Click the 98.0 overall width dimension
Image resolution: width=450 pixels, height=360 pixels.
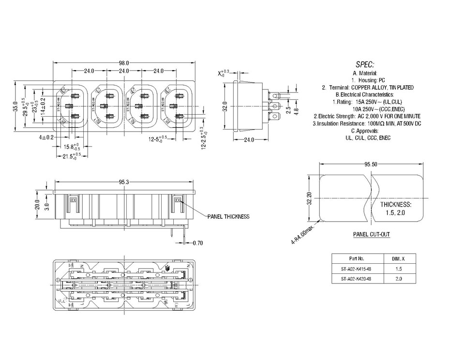coord(124,63)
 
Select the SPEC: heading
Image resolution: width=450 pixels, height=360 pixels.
coord(365,64)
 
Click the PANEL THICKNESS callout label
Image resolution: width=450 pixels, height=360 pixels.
coord(228,216)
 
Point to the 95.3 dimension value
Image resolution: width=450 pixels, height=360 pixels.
coord(124,182)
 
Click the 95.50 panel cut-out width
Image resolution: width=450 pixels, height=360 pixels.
coord(371,164)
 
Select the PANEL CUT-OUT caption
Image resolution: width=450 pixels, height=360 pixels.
coord(371,234)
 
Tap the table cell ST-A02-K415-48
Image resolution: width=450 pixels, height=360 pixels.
coord(356,269)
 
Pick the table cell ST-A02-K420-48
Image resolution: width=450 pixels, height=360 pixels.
coord(356,279)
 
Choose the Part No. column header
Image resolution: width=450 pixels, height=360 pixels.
coord(356,258)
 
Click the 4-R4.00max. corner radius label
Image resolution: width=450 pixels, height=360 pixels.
coord(303,234)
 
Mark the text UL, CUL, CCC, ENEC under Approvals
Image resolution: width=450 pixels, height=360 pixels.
coord(368,138)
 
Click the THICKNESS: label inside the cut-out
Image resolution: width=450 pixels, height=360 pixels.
coord(395,205)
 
